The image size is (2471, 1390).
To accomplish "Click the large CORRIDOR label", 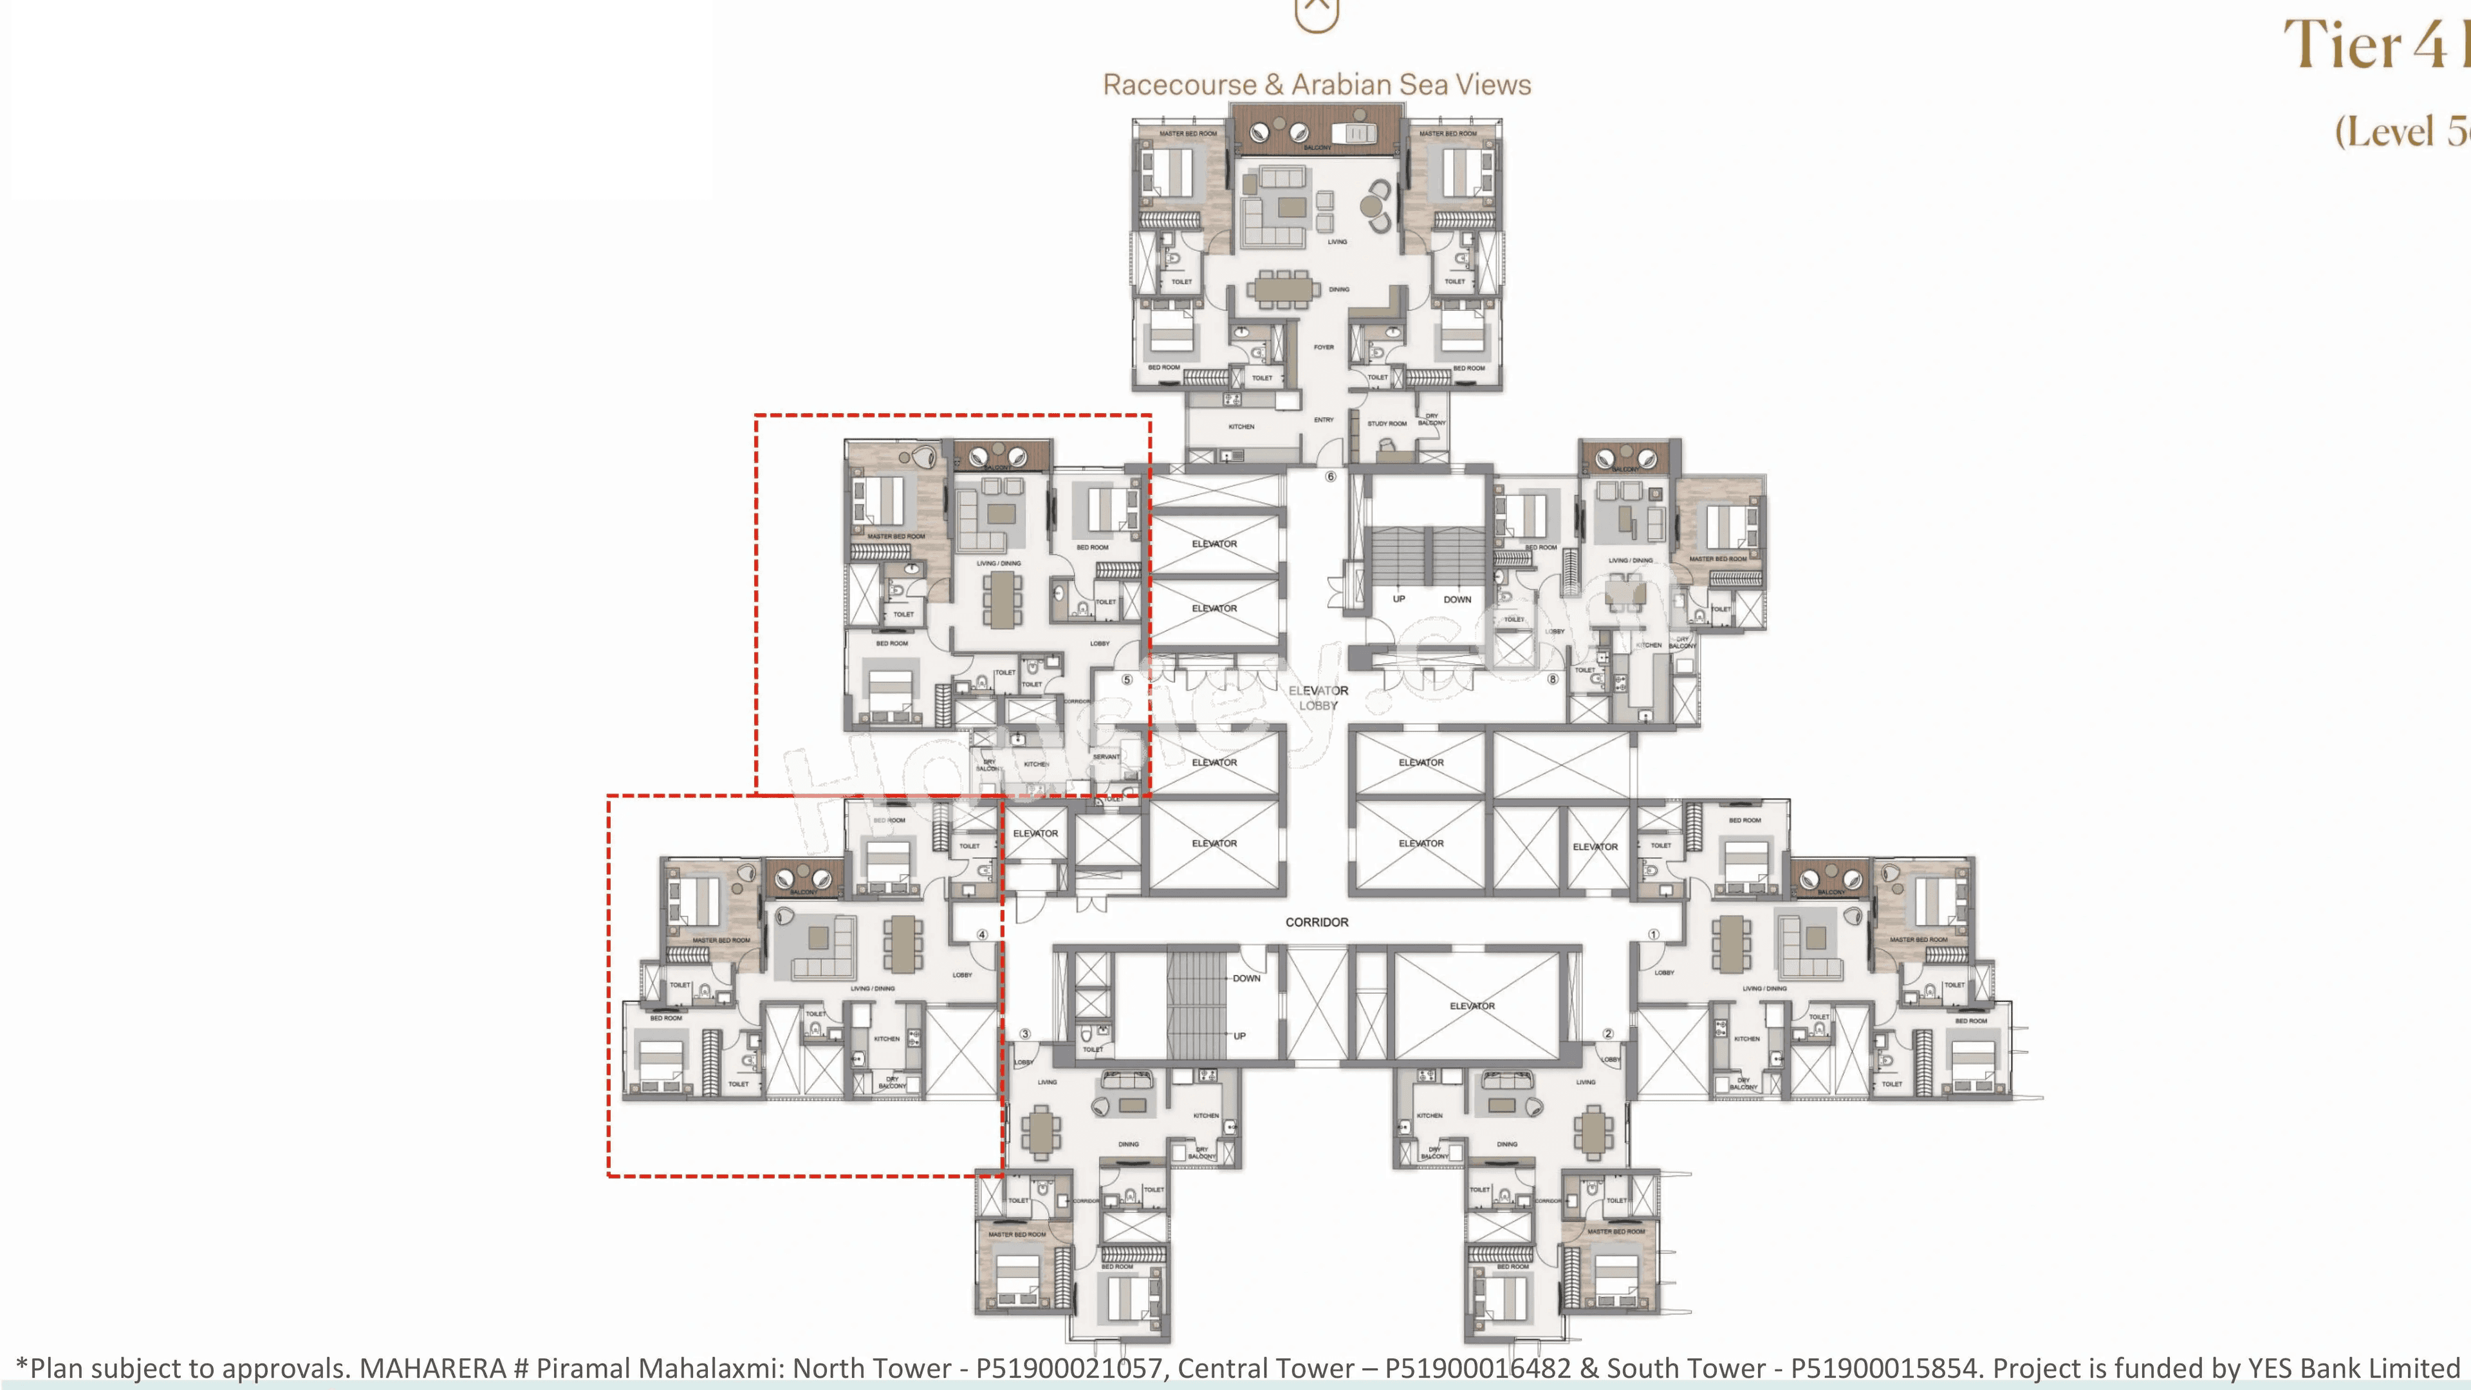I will [x=1316, y=922].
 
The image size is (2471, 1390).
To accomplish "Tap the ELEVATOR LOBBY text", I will [x=1318, y=698].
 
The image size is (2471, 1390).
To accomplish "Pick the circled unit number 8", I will [x=1553, y=679].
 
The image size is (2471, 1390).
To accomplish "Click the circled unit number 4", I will [x=982, y=934].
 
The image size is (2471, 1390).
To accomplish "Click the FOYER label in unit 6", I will [x=1324, y=347].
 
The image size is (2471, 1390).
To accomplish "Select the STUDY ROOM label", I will [x=1387, y=423].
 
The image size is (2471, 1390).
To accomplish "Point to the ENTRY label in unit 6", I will [x=1324, y=419].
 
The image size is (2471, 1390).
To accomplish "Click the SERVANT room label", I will [x=1106, y=757].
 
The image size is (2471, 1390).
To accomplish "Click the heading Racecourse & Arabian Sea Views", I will [x=1316, y=84].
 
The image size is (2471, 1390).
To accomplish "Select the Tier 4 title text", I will [x=2369, y=45].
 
